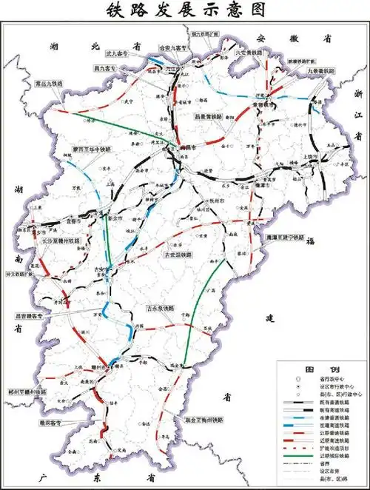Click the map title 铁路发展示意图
pos(185,10)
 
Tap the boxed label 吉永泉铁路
pos(160,307)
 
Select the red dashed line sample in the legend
pos(300,449)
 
